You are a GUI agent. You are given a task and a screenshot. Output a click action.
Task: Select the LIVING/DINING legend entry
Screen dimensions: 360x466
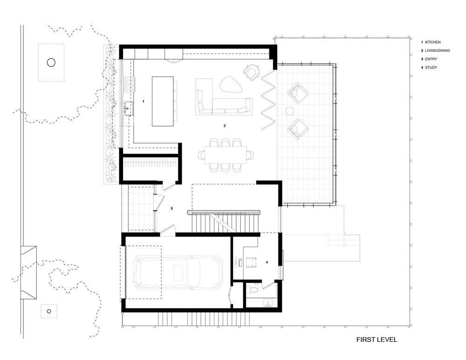(437, 51)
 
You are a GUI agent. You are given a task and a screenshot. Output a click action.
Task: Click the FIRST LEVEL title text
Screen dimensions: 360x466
(377, 340)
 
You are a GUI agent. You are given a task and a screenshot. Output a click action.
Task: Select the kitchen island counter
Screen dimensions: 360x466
(162, 101)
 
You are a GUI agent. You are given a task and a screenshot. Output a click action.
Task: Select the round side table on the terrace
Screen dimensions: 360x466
(289, 111)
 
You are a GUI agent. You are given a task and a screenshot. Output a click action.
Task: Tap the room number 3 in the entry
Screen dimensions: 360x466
(171, 209)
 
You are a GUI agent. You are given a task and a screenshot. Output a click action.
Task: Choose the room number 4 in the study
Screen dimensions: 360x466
(267, 263)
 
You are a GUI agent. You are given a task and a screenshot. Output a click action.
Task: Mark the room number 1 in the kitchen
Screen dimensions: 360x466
(144, 101)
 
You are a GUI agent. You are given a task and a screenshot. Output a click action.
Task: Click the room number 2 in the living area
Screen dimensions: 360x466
(225, 126)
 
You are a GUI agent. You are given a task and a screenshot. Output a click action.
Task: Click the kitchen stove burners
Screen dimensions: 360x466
(128, 84)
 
